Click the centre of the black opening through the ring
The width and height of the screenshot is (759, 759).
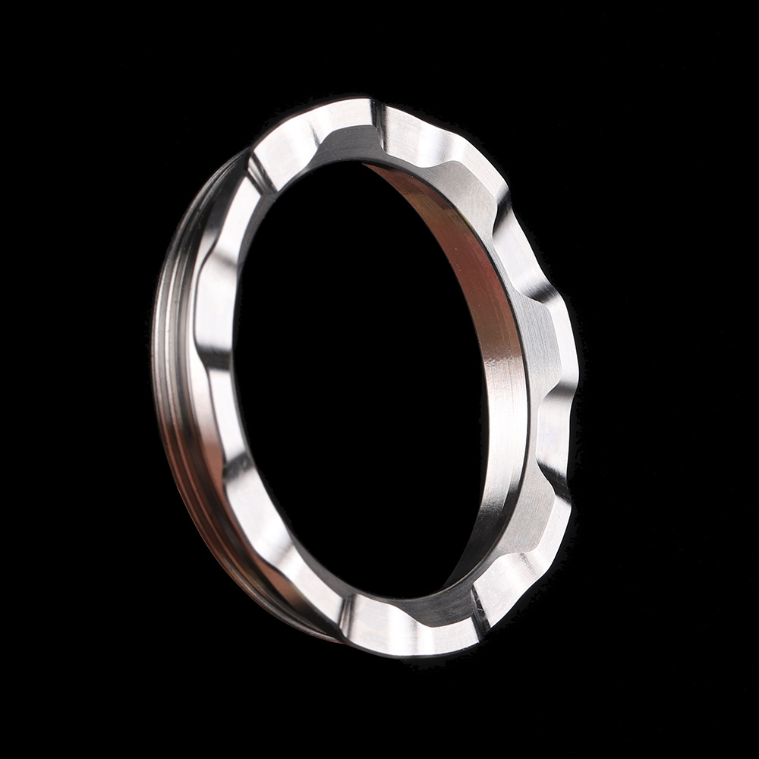(x=357, y=379)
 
